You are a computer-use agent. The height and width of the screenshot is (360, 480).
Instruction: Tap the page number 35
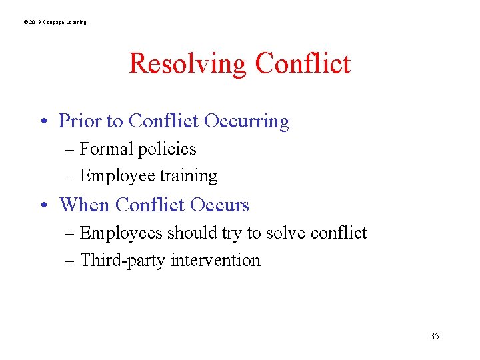tap(435, 336)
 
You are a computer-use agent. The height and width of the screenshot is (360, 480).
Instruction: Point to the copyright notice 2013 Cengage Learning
tap(55, 23)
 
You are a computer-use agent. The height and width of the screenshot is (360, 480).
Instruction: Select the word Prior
tap(80, 121)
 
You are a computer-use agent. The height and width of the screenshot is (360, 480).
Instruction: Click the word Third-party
tap(123, 260)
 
